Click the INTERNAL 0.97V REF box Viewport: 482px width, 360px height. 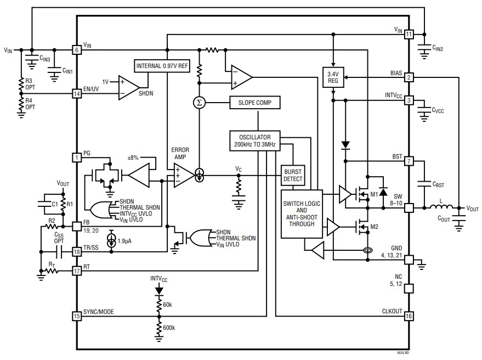[162, 66]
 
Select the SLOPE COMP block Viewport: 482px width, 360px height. [255, 103]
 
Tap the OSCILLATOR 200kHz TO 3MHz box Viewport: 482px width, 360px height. [255, 140]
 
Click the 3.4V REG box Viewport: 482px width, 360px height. [333, 77]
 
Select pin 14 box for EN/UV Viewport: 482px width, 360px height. [77, 94]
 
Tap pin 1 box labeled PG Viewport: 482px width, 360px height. [77, 157]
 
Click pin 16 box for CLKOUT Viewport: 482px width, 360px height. [409, 316]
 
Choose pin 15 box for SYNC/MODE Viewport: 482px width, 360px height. [77, 316]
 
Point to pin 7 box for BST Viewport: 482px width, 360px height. [409, 161]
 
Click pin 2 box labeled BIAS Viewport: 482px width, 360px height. [409, 77]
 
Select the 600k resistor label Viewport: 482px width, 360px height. [169, 328]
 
